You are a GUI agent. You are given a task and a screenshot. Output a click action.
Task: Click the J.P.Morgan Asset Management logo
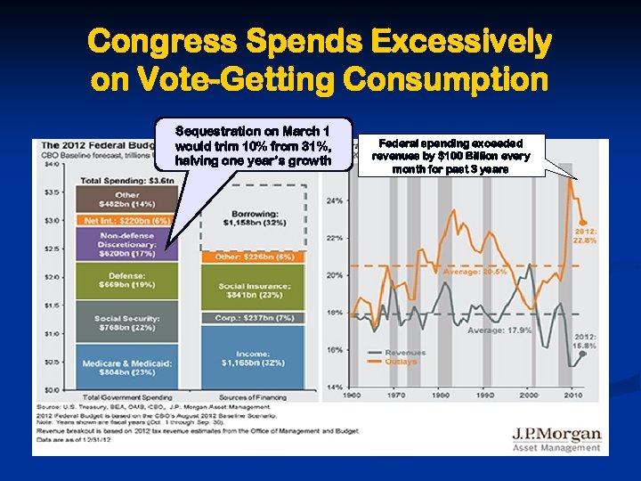coord(556,439)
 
